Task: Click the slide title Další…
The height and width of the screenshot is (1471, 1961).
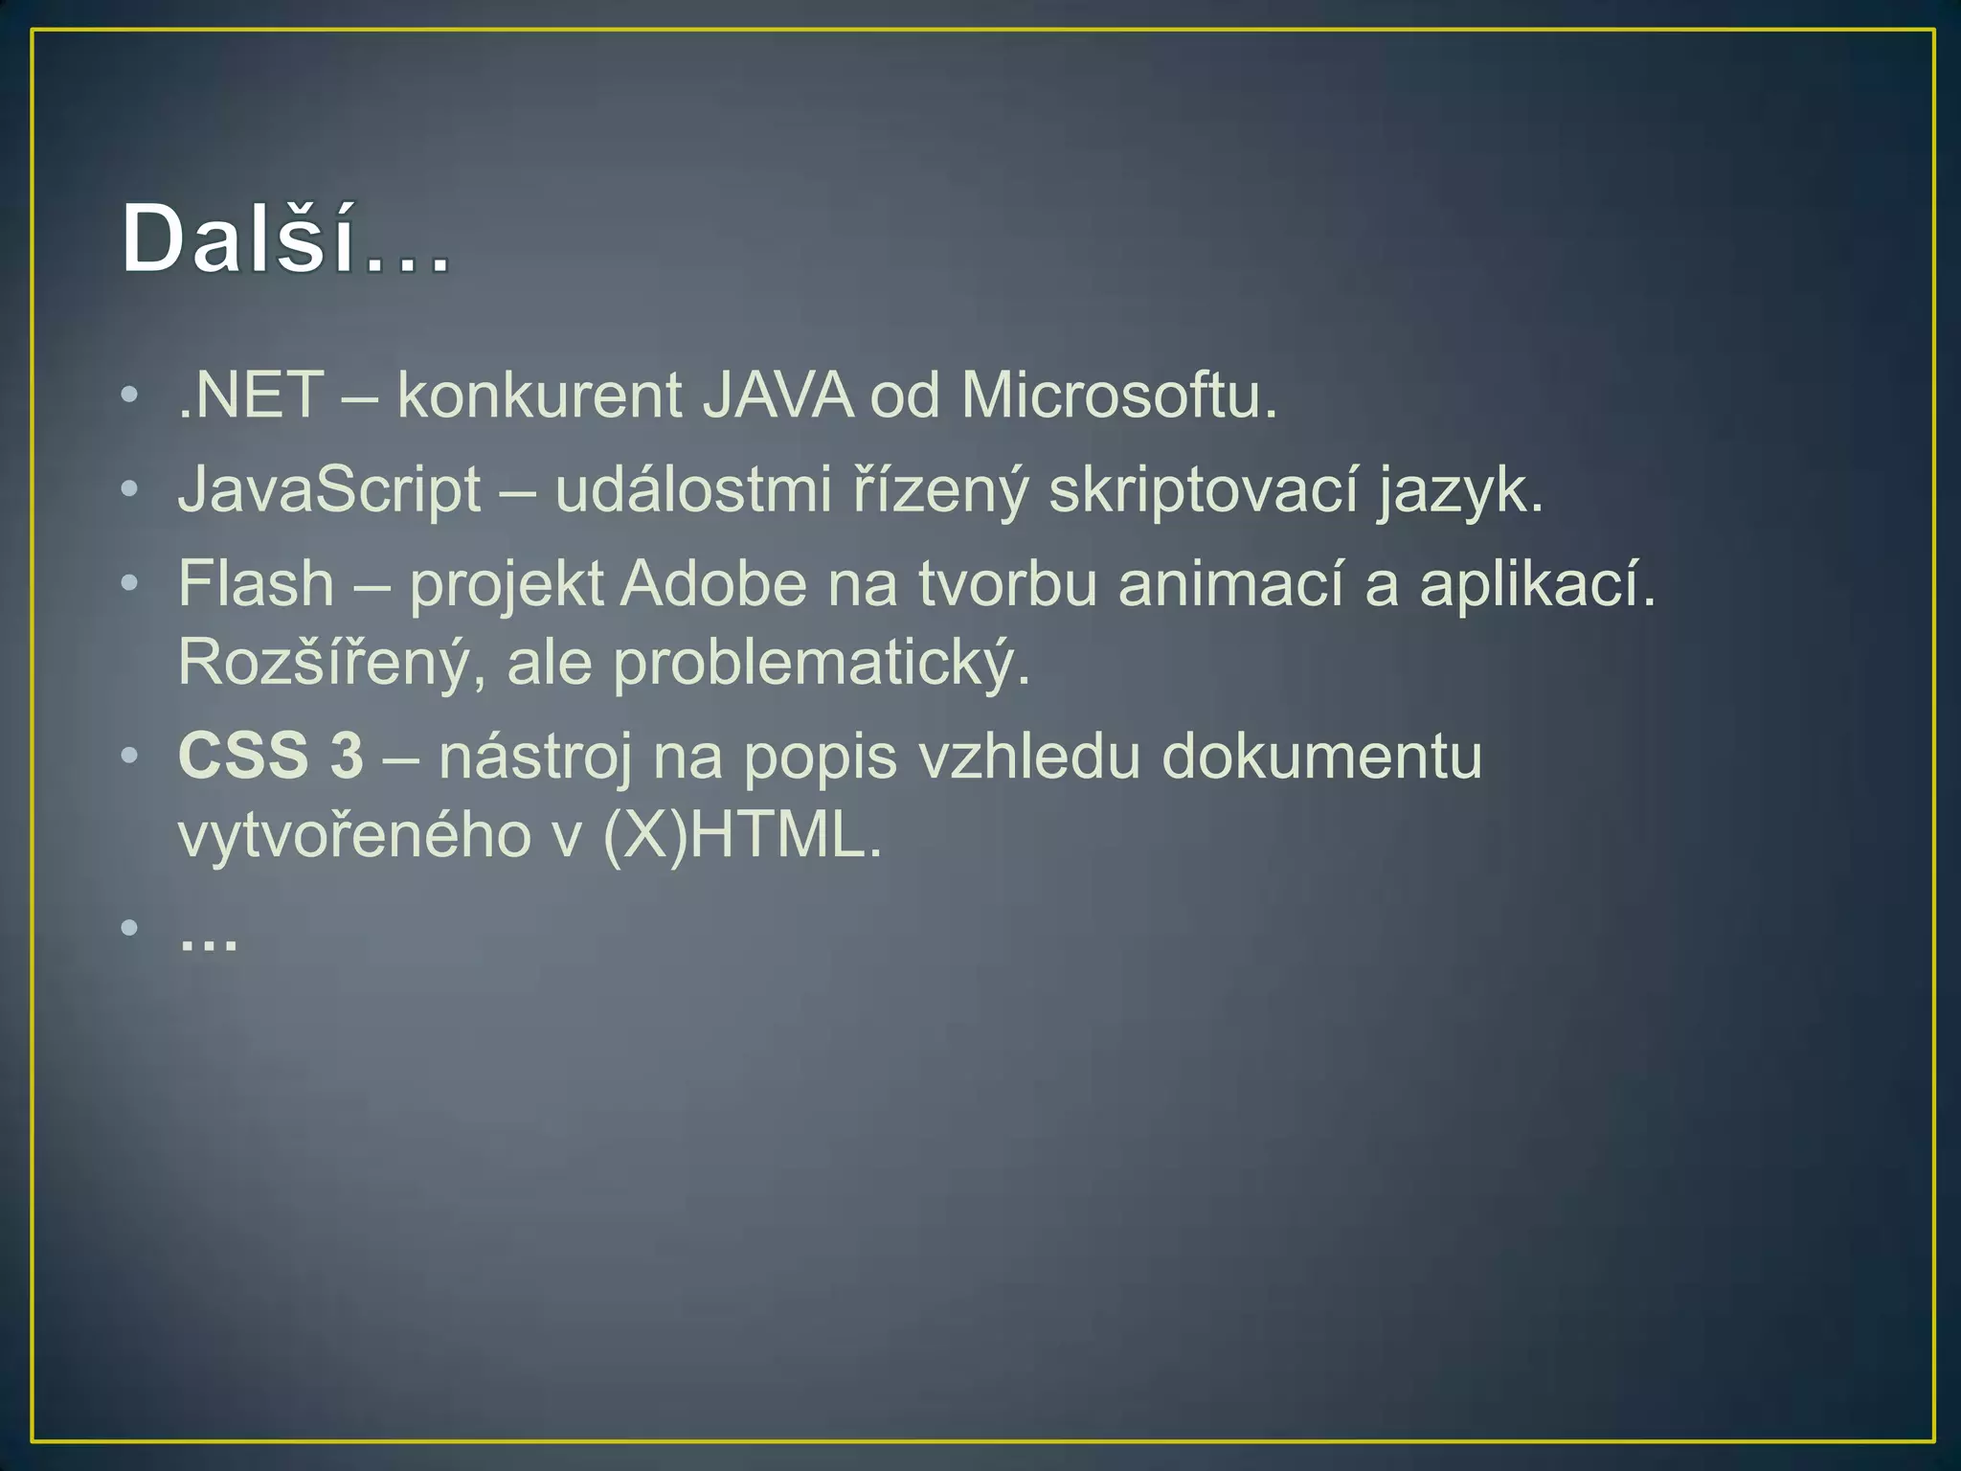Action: click(x=285, y=239)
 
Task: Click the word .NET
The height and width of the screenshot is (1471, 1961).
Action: click(x=251, y=395)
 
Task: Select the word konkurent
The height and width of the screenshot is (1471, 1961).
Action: click(x=539, y=395)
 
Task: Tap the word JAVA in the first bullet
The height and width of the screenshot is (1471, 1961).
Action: click(x=777, y=395)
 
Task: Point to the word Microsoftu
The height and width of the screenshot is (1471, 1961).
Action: click(x=1118, y=395)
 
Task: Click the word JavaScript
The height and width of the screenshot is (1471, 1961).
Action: click(x=329, y=490)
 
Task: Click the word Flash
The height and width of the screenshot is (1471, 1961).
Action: click(x=256, y=583)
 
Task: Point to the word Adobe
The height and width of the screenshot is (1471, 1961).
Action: click(x=713, y=583)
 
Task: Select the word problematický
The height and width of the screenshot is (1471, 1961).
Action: click(x=821, y=663)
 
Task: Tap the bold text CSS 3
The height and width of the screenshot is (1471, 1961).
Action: click(x=271, y=756)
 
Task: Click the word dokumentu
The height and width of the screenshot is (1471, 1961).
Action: click(x=1321, y=756)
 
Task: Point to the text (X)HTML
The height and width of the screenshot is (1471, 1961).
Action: click(x=741, y=835)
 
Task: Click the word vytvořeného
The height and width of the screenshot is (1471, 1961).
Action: click(x=354, y=835)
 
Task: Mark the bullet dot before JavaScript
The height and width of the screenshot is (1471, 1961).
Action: click(x=129, y=489)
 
